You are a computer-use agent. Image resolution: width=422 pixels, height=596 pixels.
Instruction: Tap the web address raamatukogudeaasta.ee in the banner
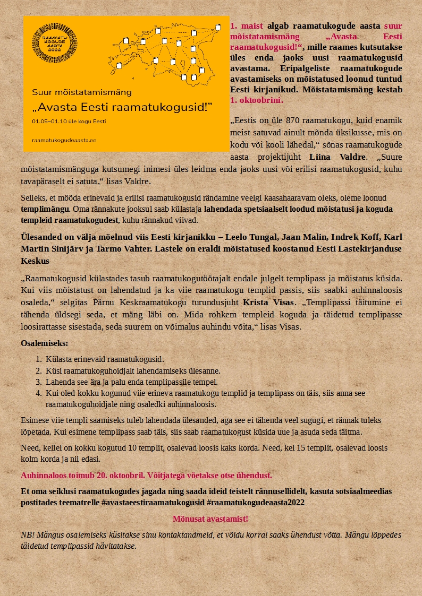pyautogui.click(x=64, y=141)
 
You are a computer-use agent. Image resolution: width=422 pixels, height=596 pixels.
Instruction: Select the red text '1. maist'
pyautogui.click(x=244, y=26)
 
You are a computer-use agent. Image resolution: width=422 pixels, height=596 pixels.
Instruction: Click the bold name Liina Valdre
pyautogui.click(x=337, y=157)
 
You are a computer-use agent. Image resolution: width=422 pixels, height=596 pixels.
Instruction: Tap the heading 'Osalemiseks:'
pyautogui.click(x=45, y=343)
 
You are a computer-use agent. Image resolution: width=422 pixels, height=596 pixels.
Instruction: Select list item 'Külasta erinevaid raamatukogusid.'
pyautogui.click(x=105, y=359)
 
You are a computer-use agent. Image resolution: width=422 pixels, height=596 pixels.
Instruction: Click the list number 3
pyautogui.click(x=38, y=382)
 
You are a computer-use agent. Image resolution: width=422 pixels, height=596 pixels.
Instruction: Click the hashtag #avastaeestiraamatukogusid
pyautogui.click(x=152, y=502)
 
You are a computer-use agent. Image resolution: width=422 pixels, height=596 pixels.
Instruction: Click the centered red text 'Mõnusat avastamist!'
pyautogui.click(x=210, y=519)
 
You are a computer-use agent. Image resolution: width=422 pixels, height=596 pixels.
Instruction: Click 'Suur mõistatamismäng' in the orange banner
pyautogui.click(x=82, y=92)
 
